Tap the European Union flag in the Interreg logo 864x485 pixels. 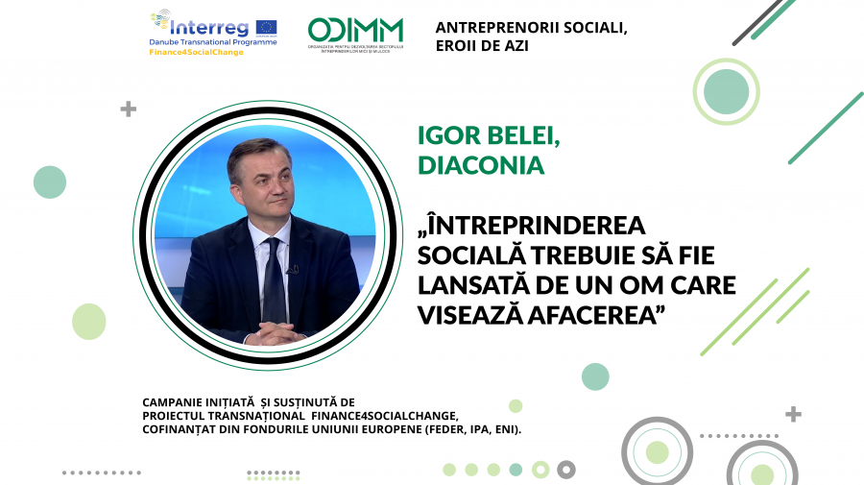click(x=266, y=27)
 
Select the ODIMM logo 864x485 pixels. click(x=355, y=31)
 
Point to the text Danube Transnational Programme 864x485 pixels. click(x=212, y=42)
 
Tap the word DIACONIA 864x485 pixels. click(x=481, y=165)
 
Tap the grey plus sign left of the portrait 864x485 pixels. click(x=128, y=109)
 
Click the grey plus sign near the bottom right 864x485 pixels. click(x=793, y=414)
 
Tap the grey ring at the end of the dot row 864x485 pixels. click(x=566, y=470)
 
